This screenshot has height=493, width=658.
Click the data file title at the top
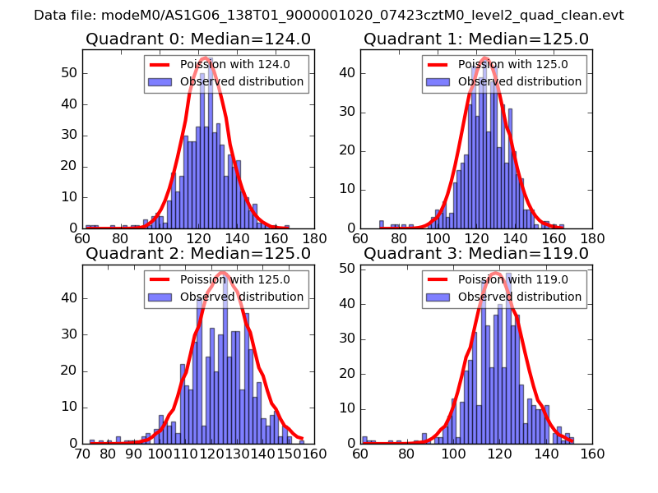tap(329, 16)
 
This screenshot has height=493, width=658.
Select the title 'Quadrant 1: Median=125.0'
tap(475, 39)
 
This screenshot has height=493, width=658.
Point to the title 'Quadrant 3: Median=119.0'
tap(475, 253)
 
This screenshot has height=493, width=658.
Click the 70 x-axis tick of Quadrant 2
tap(82, 454)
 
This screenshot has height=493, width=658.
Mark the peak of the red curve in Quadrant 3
tap(495, 273)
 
